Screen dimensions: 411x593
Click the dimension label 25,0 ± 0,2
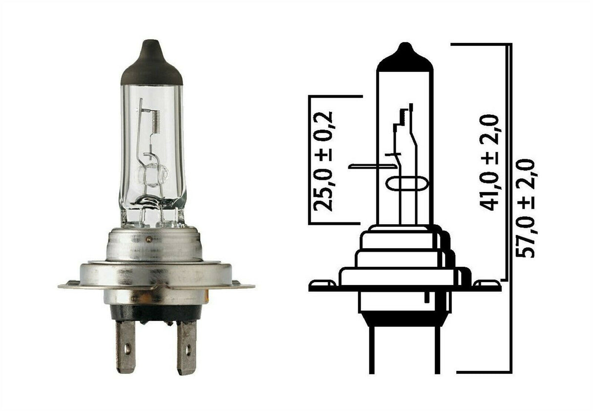pyautogui.click(x=323, y=161)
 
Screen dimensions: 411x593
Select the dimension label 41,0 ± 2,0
pyautogui.click(x=489, y=162)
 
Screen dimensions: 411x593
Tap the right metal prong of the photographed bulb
pyautogui.click(x=187, y=347)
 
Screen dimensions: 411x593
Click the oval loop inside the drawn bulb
pyautogui.click(x=407, y=184)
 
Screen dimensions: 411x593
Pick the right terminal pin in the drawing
pyautogui.click(x=437, y=349)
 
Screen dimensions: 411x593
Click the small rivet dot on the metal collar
pyautogui.click(x=148, y=239)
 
